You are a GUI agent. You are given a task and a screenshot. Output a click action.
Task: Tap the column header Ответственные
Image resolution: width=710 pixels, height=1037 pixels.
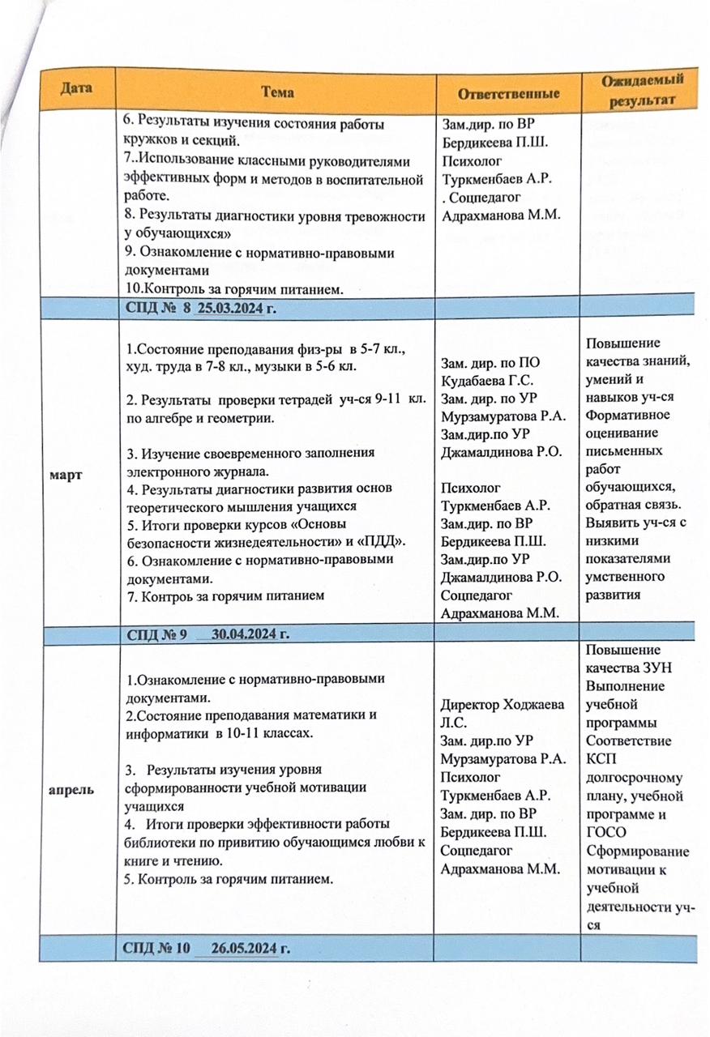pyautogui.click(x=508, y=93)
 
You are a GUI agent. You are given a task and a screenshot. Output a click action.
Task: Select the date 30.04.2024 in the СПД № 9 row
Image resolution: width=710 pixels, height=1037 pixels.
pyautogui.click(x=249, y=633)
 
